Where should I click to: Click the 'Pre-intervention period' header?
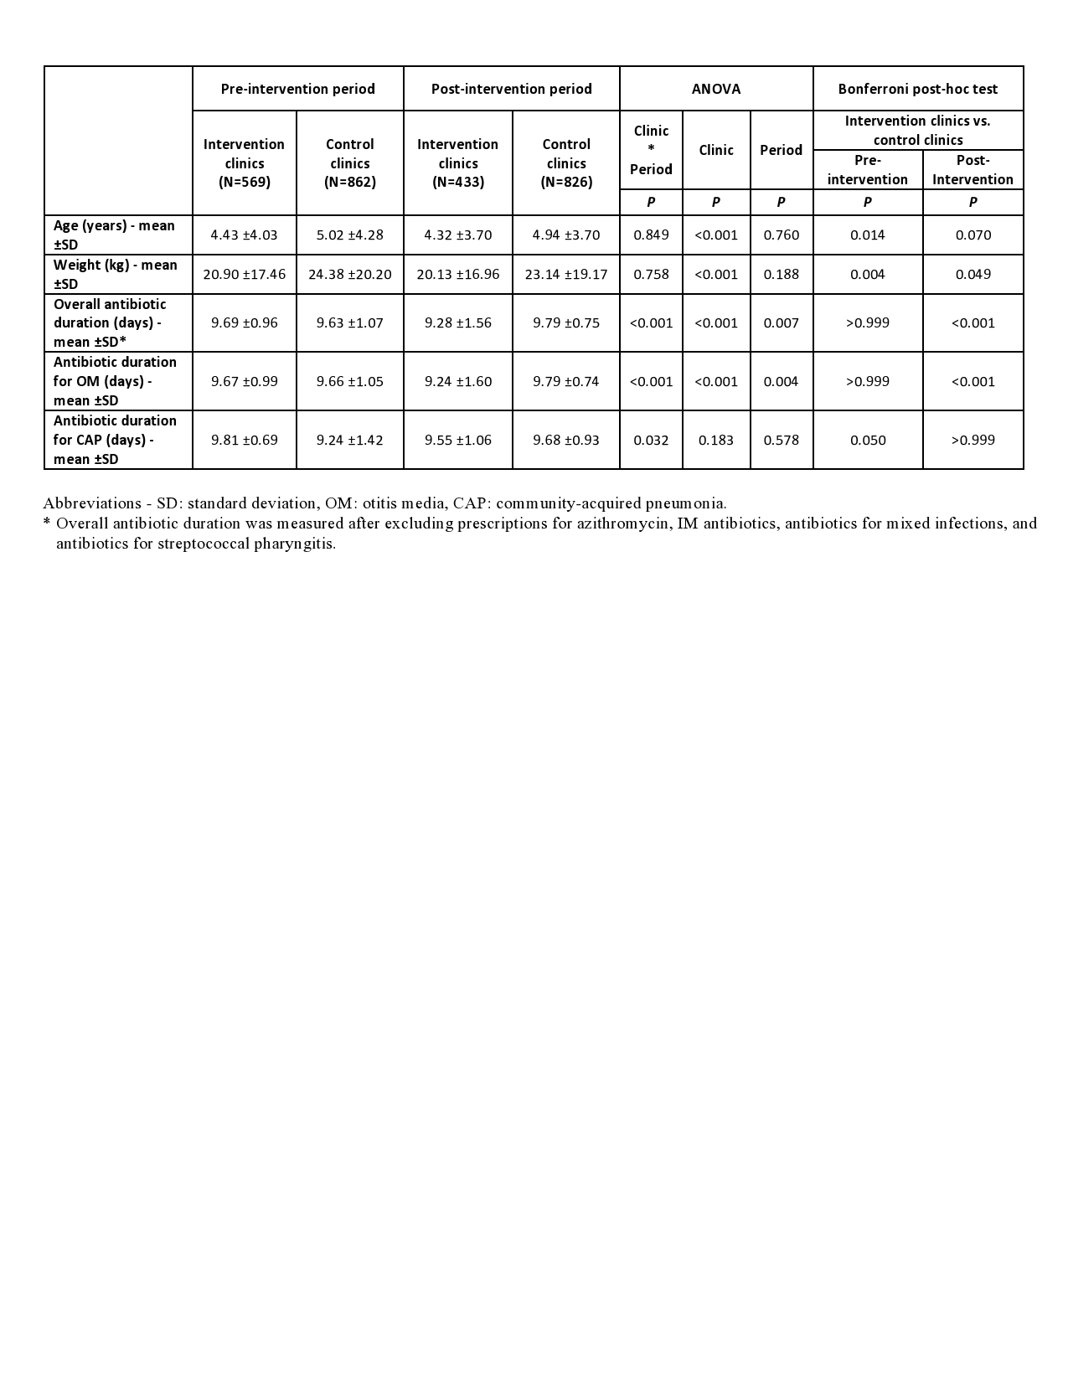(x=297, y=89)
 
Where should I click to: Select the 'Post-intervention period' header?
(x=511, y=89)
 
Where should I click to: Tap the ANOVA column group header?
(x=716, y=89)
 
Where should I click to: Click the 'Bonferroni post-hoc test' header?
(x=918, y=89)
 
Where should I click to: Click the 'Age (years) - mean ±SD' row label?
(x=115, y=235)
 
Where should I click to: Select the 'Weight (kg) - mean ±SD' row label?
(x=116, y=274)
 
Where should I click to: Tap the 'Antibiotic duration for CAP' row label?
(x=116, y=440)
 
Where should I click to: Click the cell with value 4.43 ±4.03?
(x=244, y=235)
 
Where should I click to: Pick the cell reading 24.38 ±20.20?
(x=349, y=274)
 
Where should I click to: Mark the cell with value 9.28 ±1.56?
(x=457, y=322)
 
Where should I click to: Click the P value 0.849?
(x=651, y=235)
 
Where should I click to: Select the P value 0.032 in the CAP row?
(x=651, y=440)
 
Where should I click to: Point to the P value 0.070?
(x=973, y=235)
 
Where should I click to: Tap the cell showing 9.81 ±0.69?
(x=244, y=440)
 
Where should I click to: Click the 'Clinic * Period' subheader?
(x=651, y=150)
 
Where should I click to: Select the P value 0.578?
(x=781, y=440)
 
